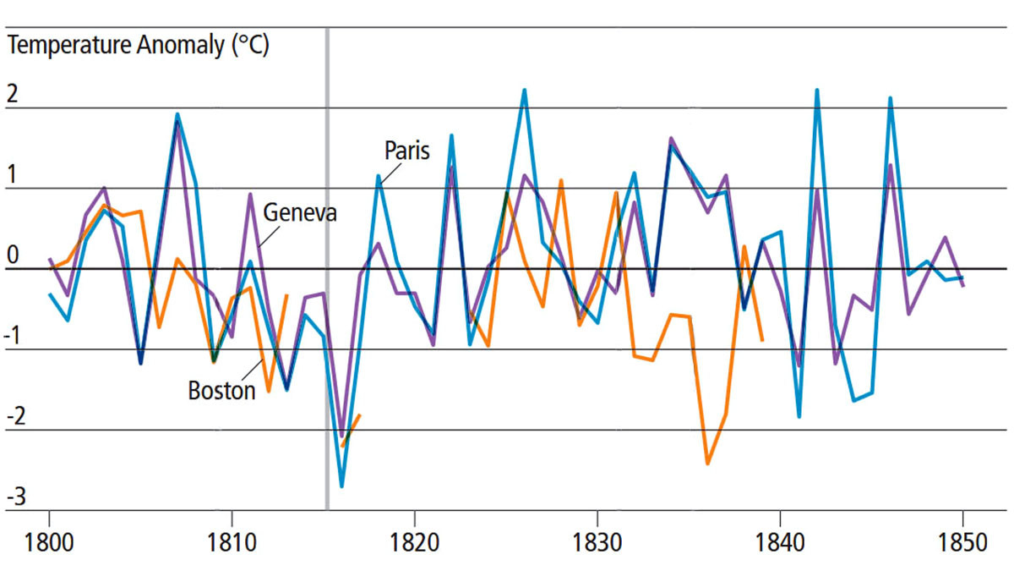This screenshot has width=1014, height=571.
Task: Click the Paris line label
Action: pos(407,151)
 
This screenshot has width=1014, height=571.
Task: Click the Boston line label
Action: pos(221,391)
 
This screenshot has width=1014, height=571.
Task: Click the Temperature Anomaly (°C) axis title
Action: pos(138,46)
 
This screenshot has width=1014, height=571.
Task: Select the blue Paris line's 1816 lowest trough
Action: pos(341,486)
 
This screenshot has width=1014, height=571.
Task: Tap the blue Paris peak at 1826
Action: pos(525,90)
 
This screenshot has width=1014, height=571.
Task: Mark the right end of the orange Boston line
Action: pos(762,340)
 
